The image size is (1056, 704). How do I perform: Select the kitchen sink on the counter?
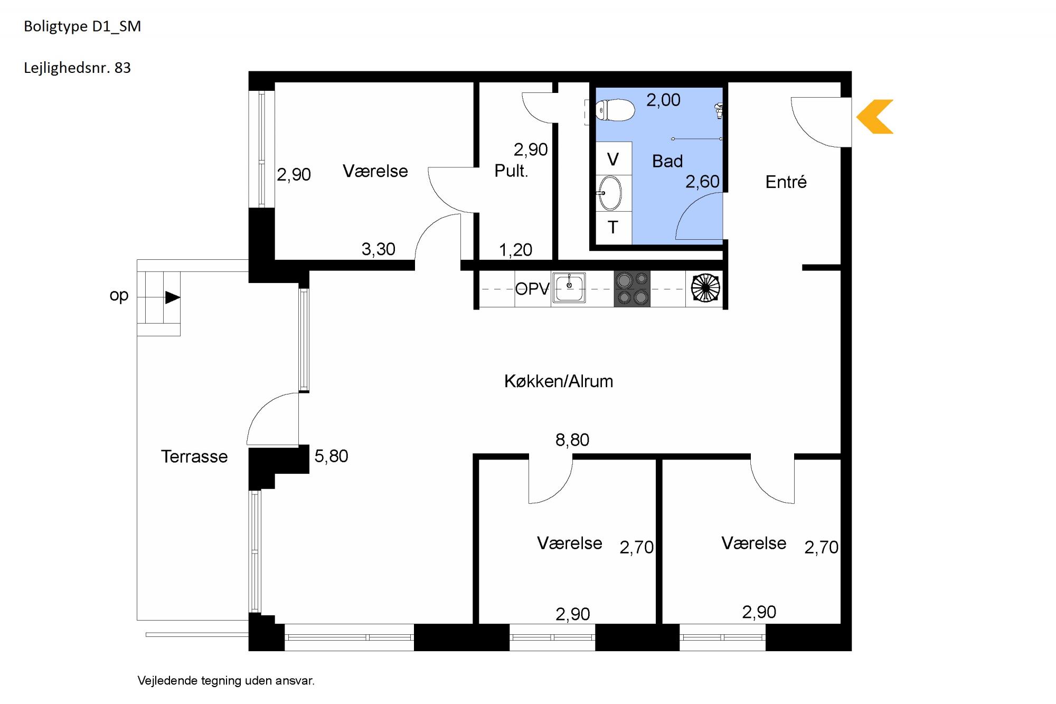coord(569,288)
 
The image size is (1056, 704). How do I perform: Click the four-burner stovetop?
coord(632,289)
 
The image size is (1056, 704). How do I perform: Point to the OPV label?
coord(532,289)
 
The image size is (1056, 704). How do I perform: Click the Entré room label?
coord(786,182)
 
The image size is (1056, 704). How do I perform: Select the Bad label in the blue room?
coord(667,161)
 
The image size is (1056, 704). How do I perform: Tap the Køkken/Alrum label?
coord(559,381)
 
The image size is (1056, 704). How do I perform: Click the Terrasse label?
coord(194,456)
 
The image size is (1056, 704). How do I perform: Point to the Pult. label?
coord(511,171)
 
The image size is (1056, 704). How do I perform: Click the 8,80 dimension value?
coord(572,439)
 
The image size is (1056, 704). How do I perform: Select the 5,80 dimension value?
coord(331,456)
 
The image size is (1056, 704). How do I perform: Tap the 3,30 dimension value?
coord(378,249)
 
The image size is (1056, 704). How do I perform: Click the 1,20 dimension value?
coord(515,250)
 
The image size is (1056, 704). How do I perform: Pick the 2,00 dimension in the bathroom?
coord(663,100)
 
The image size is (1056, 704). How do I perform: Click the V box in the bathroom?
coord(614,158)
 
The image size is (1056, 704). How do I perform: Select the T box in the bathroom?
coord(614,228)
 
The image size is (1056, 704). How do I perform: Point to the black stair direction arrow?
coord(173,297)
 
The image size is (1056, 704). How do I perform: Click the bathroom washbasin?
coord(610,193)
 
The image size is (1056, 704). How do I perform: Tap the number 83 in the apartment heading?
coord(122,68)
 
